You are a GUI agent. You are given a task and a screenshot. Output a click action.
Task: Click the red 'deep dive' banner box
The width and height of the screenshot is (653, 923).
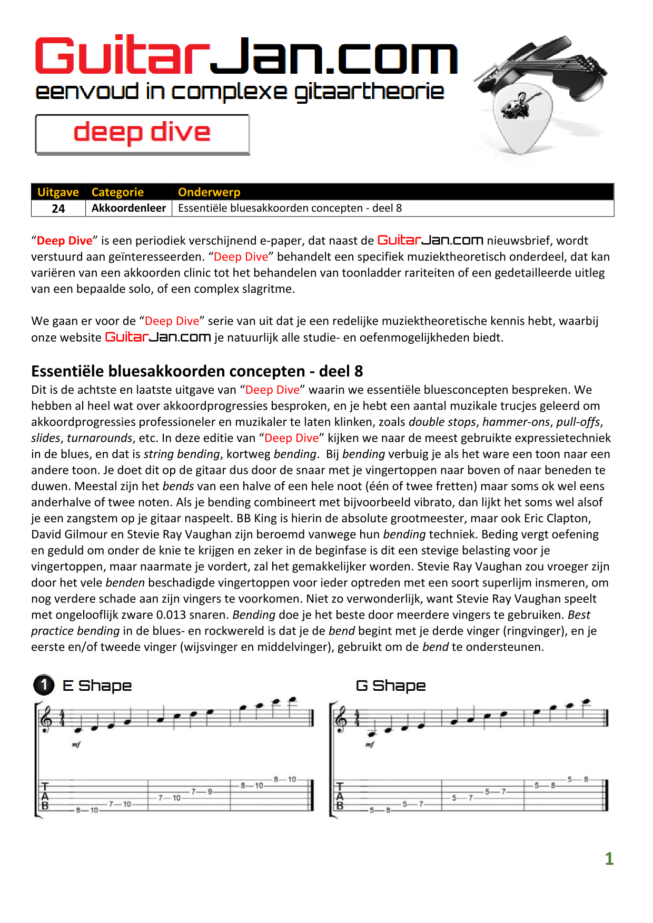tap(142, 134)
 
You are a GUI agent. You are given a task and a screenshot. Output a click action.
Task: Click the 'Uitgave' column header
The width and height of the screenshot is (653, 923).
tap(58, 192)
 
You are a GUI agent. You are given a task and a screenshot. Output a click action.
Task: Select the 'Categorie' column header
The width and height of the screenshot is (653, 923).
tap(117, 192)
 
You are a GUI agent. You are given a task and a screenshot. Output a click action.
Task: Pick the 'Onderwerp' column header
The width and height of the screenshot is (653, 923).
tap(209, 192)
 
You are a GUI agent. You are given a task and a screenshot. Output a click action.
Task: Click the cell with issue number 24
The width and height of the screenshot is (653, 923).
tap(58, 209)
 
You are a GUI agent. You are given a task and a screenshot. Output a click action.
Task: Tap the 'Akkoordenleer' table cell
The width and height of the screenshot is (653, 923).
tap(128, 208)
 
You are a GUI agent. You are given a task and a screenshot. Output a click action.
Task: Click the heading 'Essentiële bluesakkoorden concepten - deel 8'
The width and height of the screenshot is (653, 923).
tap(197, 371)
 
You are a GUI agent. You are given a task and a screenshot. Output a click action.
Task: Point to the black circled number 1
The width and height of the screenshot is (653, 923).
tap(44, 685)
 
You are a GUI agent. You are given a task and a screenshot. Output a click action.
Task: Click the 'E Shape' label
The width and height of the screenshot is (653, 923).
tap(97, 686)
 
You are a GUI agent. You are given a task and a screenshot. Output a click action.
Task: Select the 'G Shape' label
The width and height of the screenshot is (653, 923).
tap(391, 686)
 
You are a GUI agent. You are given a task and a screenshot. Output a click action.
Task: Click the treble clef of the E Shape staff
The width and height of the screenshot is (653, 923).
tap(47, 719)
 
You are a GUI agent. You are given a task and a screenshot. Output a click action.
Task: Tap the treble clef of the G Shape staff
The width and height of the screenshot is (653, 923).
tap(341, 719)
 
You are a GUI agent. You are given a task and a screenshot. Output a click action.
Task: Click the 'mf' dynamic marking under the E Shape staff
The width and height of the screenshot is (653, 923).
tap(76, 745)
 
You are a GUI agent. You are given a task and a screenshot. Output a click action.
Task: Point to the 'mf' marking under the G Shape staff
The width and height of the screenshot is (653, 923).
tap(370, 745)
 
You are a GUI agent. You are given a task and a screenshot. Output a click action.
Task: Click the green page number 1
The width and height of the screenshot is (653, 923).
tap(609, 859)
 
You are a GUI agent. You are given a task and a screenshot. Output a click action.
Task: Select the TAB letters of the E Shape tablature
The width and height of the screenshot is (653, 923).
tap(45, 796)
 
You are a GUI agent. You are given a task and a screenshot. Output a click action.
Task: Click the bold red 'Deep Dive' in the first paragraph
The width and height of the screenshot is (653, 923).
tap(64, 241)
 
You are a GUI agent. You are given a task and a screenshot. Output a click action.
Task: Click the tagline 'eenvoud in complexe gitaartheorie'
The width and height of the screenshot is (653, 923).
tap(240, 92)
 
